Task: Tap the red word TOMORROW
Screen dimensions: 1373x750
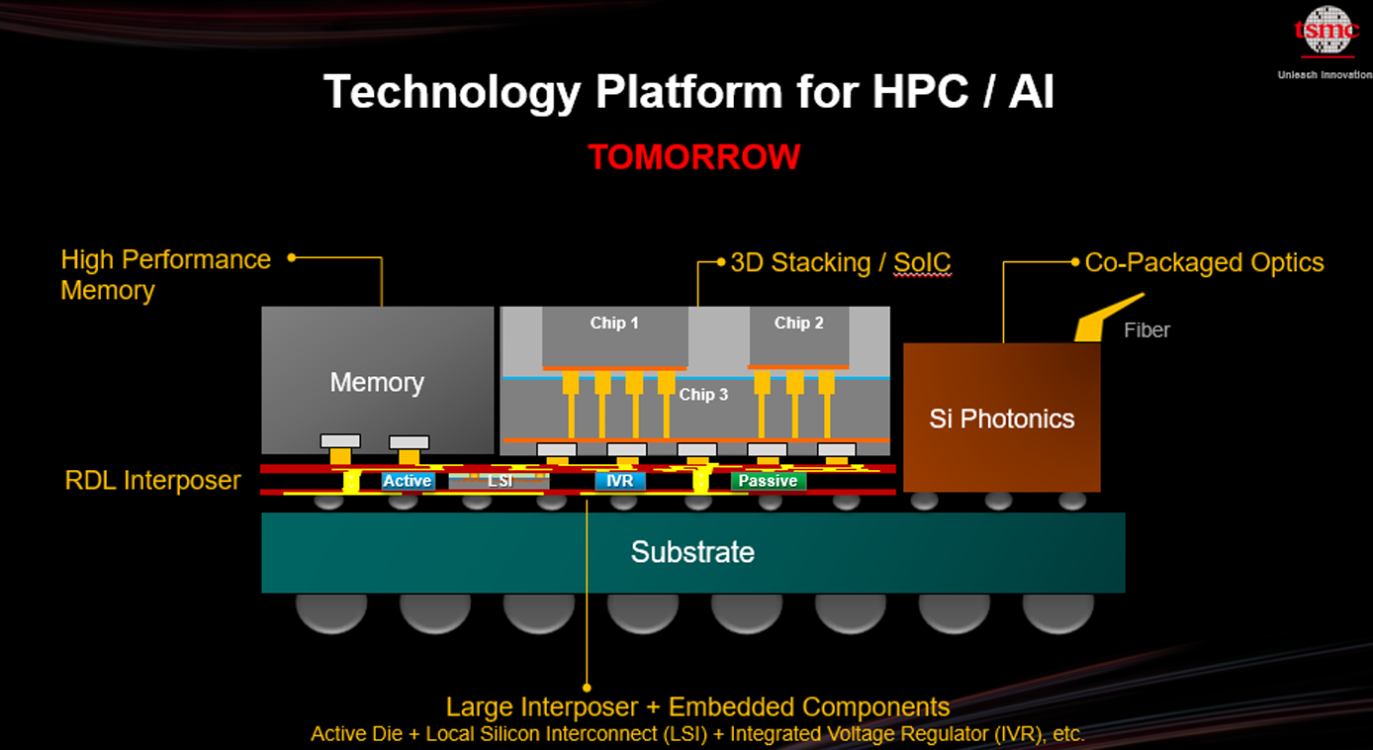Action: point(694,157)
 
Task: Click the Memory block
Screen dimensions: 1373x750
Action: point(378,380)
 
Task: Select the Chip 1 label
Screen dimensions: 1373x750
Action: point(614,324)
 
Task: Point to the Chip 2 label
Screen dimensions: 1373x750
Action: point(798,324)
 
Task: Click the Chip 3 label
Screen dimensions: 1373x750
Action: point(703,395)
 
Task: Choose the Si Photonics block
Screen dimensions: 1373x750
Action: point(1001,417)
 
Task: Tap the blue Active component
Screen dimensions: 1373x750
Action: point(408,481)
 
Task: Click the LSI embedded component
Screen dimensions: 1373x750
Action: point(499,481)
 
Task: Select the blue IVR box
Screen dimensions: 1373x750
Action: point(619,481)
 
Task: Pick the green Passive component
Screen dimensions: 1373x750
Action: point(768,481)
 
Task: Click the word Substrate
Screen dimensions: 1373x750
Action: point(692,552)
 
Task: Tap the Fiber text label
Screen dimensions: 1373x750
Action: point(1146,330)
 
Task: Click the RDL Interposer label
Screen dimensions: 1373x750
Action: point(152,481)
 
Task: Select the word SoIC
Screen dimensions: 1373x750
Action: point(922,263)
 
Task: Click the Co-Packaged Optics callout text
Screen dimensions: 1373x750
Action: point(1205,263)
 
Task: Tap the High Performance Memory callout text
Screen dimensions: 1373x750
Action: point(165,274)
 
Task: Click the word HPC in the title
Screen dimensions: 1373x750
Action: point(919,92)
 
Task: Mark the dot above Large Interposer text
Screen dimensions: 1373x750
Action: point(587,688)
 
